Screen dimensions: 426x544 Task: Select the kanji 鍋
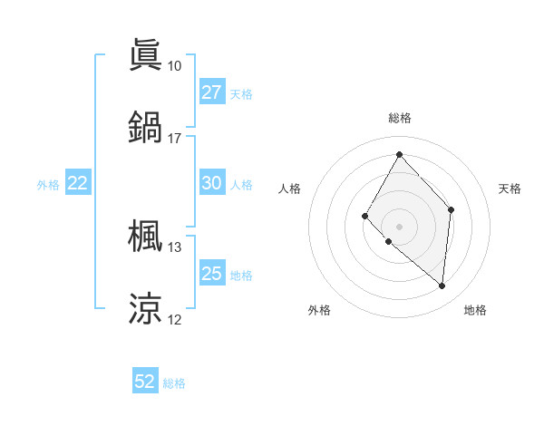coord(145,126)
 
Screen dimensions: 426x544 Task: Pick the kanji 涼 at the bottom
coord(145,308)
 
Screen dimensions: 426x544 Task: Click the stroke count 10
coord(174,66)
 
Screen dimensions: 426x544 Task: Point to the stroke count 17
coord(174,139)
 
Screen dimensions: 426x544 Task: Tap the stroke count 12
coord(174,320)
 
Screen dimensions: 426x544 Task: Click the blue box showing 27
coord(211,92)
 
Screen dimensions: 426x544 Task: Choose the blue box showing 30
coord(211,183)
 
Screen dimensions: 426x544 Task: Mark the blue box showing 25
coord(211,274)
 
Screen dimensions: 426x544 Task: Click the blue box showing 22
coord(78,183)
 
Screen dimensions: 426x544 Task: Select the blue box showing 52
coord(145,382)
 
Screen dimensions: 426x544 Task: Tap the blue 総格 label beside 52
coord(174,383)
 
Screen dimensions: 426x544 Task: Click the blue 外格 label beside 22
coord(48,185)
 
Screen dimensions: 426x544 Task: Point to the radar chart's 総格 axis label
coord(399,118)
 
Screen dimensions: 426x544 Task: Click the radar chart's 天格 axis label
coord(510,189)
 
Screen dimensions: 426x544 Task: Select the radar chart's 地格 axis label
coord(475,311)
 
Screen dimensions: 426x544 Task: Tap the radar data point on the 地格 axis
coord(442,286)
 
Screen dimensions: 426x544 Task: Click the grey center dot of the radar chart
coord(399,226)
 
